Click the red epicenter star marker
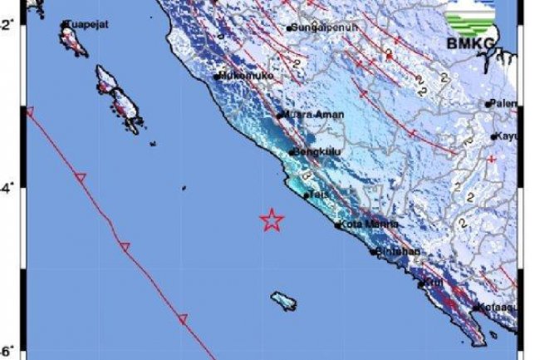[x=272, y=220]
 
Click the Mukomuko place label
[x=241, y=76]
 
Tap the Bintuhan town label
[x=398, y=251]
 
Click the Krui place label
[x=434, y=284]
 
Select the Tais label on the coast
[x=319, y=195]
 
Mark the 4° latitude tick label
[x=6, y=190]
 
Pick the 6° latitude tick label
[x=6, y=351]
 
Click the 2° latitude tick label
[x=6, y=27]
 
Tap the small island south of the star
[x=283, y=300]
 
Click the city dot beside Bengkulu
[x=293, y=152]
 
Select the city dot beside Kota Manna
[x=337, y=224]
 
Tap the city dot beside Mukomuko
[x=216, y=76]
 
